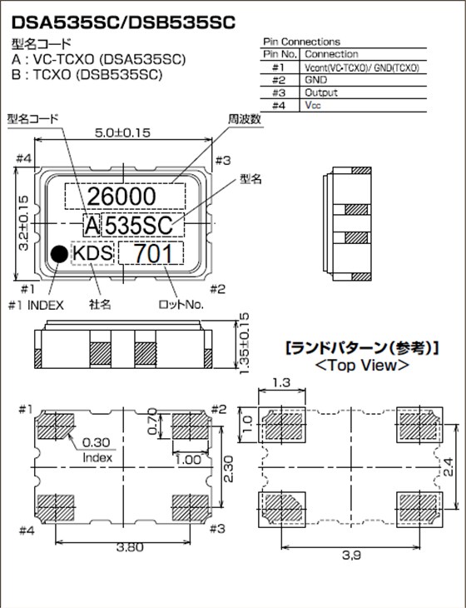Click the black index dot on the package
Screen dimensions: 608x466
click(x=58, y=254)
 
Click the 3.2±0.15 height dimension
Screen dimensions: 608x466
click(x=22, y=222)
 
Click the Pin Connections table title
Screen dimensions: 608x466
click(x=300, y=42)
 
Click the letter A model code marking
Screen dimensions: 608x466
click(x=91, y=224)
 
